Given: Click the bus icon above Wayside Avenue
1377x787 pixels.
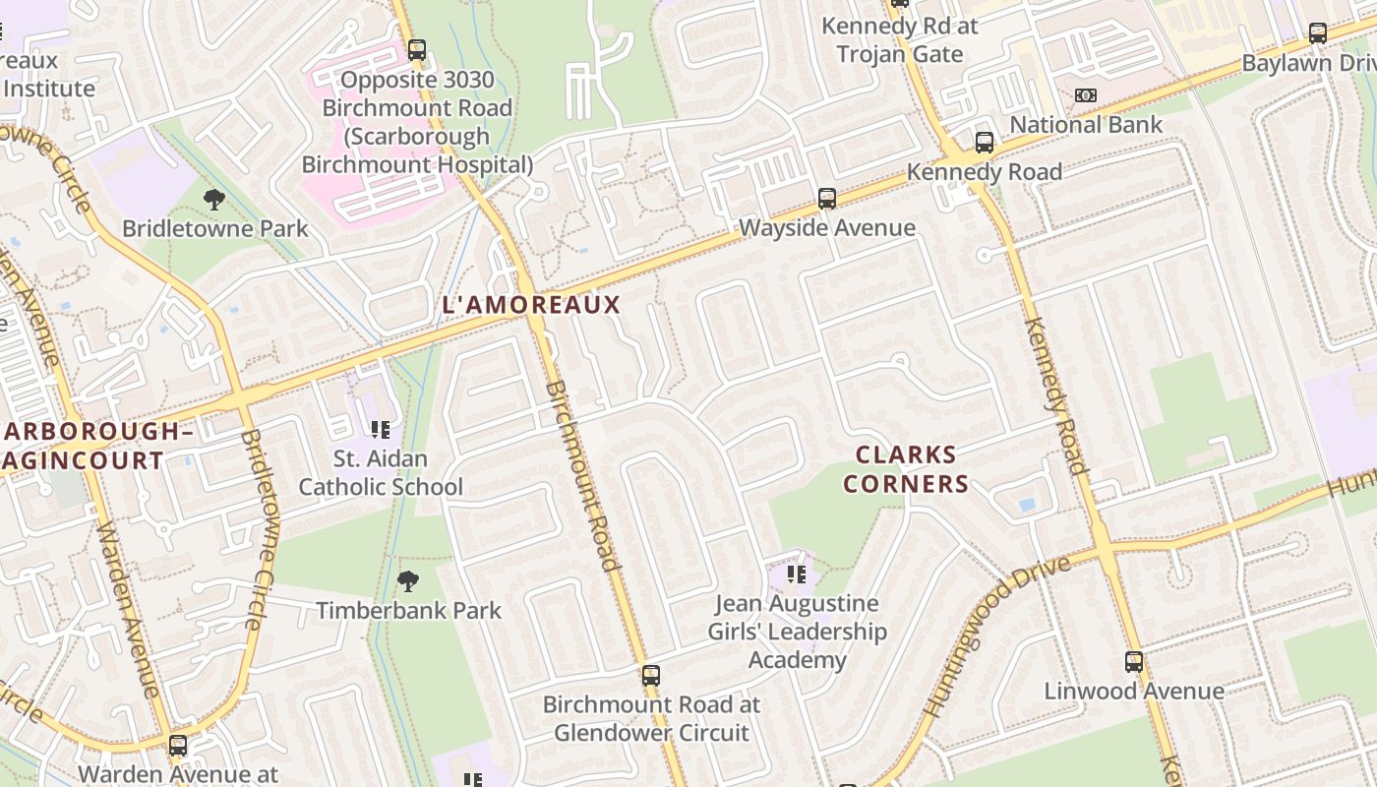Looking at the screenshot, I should (827, 199).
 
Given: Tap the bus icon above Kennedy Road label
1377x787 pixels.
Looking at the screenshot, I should (984, 143).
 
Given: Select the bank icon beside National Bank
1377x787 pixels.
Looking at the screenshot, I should (1086, 95).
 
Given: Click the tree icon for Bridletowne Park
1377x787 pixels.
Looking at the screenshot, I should (213, 201).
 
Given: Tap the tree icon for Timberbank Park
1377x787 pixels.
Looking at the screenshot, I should (408, 581).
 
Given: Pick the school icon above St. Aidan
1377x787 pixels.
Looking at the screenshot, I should (381, 429).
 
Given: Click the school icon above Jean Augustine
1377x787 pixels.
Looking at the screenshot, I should (797, 574).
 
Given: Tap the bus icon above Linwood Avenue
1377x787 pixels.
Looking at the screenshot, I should (1134, 662).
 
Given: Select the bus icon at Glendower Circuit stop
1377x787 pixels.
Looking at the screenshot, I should (650, 676).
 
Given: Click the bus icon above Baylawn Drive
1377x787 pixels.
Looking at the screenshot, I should (1317, 33).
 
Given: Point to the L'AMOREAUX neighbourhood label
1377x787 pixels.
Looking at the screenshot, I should (532, 305).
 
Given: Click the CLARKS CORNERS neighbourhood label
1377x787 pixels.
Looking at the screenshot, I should (905, 469).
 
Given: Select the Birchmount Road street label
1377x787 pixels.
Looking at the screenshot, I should (582, 476).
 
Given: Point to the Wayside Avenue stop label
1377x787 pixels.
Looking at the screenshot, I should (827, 228).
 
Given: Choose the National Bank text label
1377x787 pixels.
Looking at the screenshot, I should (1086, 125).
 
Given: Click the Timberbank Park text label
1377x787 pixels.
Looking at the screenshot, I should (408, 611).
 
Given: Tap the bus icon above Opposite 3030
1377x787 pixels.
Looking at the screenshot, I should (417, 50).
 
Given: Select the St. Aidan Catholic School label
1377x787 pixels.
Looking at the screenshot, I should (381, 473).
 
